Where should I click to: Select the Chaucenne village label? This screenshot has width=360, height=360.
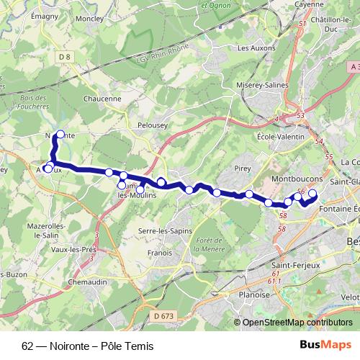(102, 99)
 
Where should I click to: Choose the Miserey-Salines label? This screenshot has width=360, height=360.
(262, 85)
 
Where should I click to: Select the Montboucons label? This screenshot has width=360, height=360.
(297, 177)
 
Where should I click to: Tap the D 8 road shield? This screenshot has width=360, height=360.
(66, 56)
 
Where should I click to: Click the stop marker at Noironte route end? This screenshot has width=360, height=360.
(60, 134)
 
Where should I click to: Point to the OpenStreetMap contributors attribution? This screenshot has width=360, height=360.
(293, 323)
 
